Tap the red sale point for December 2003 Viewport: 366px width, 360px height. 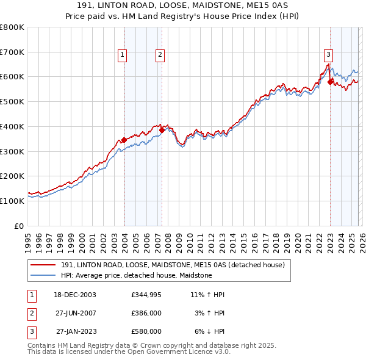124,140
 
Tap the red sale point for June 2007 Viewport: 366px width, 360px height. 162,129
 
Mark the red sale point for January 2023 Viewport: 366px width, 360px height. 330,82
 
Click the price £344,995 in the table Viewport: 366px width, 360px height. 146,294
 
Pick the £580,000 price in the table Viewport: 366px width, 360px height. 146,331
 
